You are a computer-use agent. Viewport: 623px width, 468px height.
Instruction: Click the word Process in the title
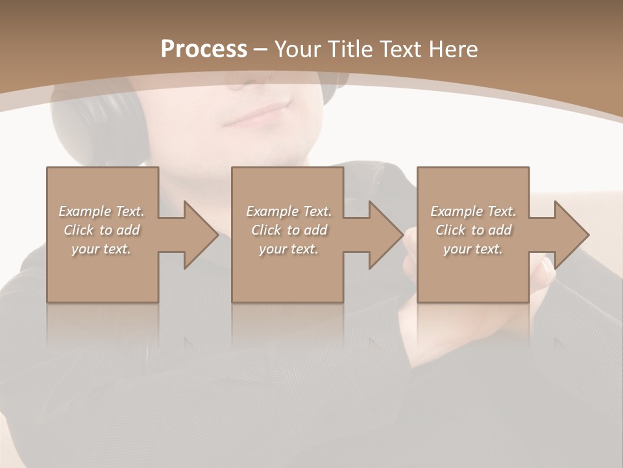(x=204, y=49)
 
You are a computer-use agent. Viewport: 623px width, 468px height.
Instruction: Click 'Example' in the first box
(x=84, y=211)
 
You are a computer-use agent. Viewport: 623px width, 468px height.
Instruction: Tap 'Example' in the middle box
(x=272, y=211)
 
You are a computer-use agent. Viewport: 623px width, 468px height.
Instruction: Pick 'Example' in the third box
(x=456, y=211)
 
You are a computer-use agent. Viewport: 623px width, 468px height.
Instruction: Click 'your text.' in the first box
(x=101, y=249)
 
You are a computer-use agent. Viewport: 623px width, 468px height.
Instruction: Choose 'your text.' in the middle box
(x=288, y=249)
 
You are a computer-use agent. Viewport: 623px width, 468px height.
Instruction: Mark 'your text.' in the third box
(x=473, y=249)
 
